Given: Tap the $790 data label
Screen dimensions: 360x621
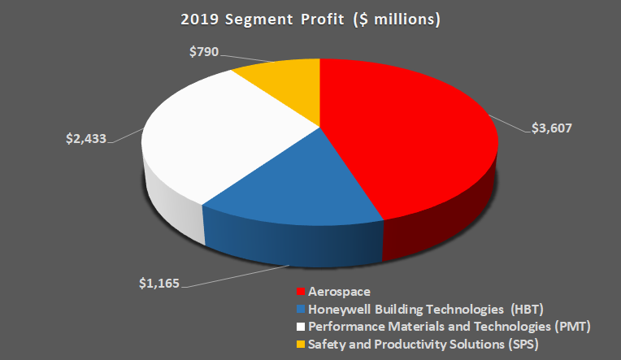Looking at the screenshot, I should (x=205, y=52).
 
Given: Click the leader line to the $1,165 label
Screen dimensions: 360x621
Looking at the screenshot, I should (x=236, y=273).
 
